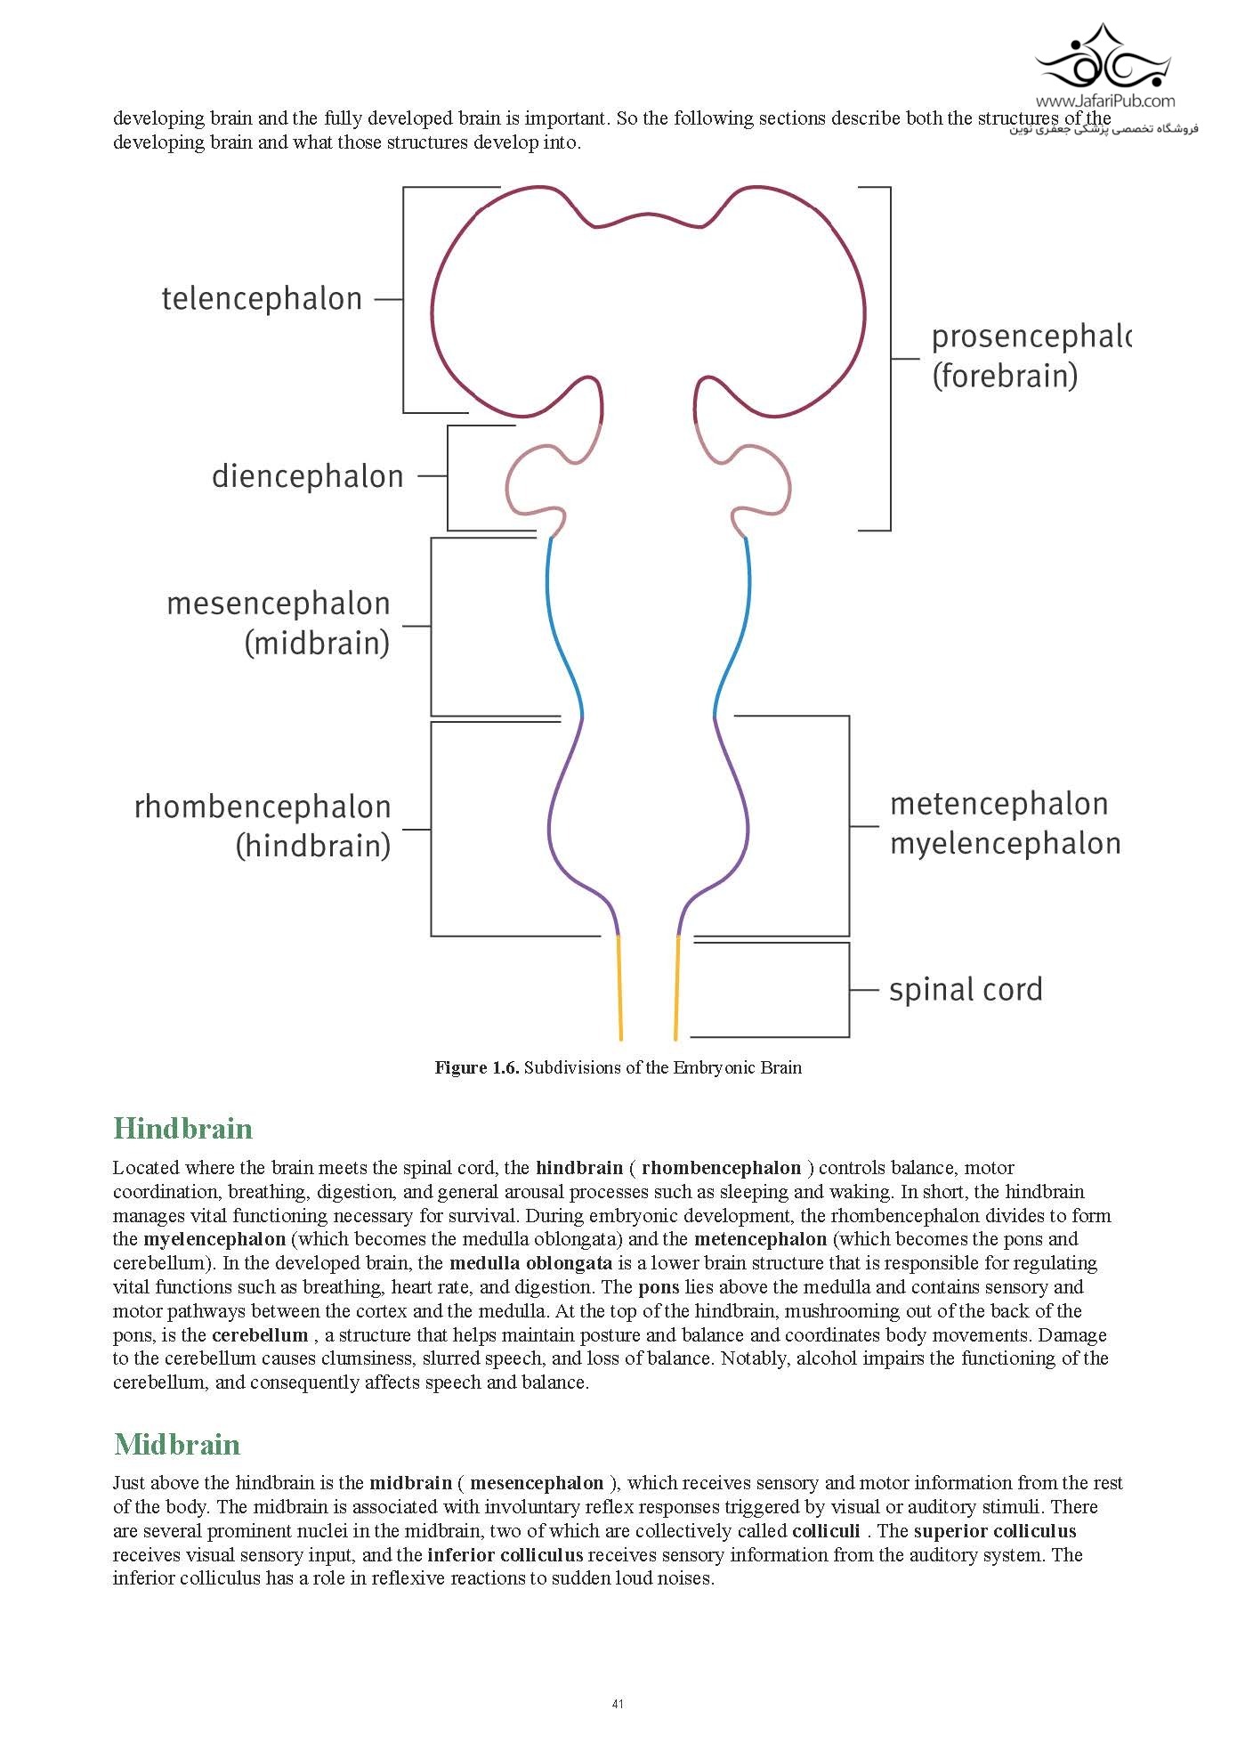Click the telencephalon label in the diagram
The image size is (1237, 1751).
click(262, 299)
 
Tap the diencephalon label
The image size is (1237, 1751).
click(307, 476)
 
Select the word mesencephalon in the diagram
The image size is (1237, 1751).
click(279, 604)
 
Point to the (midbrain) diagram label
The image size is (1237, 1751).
click(317, 643)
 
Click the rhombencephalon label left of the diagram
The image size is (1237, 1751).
click(263, 807)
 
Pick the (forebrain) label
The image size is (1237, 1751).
click(1005, 376)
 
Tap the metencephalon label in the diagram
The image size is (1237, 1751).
click(998, 804)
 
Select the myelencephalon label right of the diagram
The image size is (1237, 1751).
click(1005, 843)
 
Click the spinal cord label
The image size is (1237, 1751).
click(966, 990)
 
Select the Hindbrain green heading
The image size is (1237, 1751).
click(183, 1129)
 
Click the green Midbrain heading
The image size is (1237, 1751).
click(177, 1444)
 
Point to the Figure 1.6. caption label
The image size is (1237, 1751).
click(476, 1067)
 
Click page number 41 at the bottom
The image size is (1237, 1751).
click(618, 1704)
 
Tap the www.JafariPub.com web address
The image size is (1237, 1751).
click(1104, 101)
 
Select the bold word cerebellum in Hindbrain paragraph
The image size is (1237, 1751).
click(260, 1335)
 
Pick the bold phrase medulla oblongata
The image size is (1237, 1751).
click(530, 1263)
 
